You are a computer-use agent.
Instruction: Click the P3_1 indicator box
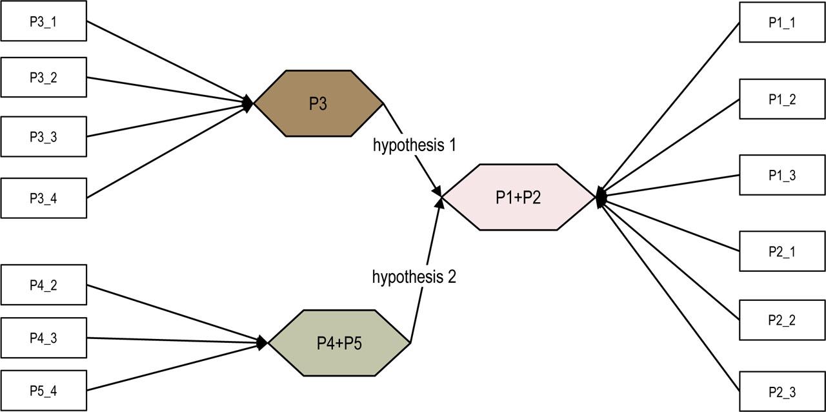(43, 21)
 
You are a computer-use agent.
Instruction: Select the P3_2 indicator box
(43, 78)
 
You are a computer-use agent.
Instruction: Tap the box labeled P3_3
(43, 137)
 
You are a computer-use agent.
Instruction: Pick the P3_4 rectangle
(43, 198)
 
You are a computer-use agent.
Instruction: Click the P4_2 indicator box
(43, 285)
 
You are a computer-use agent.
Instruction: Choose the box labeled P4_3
(43, 338)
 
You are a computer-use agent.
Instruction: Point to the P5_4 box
(43, 391)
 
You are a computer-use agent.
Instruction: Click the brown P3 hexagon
(319, 103)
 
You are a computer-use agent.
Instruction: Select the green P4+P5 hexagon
(339, 343)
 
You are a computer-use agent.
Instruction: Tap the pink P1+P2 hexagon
(518, 197)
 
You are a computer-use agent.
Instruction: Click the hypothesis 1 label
(414, 145)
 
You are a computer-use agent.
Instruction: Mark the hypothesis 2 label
(414, 277)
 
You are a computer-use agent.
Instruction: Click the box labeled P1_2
(781, 99)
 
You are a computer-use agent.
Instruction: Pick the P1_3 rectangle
(781, 175)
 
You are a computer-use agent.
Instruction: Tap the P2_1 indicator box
(781, 251)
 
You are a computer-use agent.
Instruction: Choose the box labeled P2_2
(781, 320)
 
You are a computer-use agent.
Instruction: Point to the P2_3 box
(781, 391)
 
